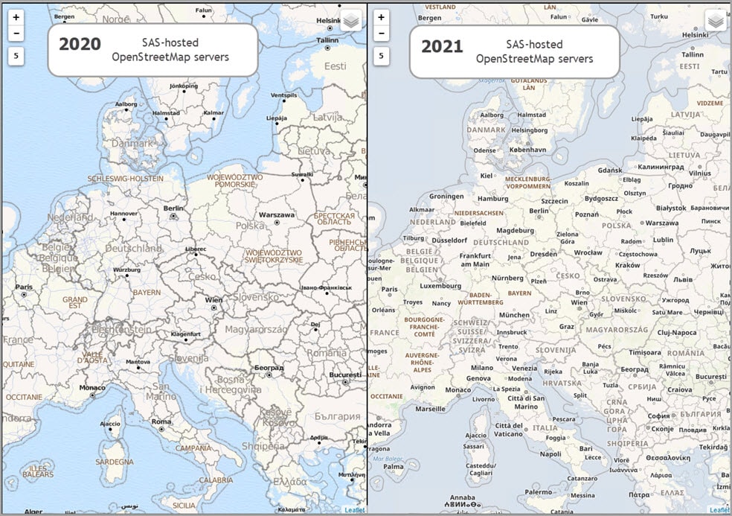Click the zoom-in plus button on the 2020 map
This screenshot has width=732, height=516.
pyautogui.click(x=16, y=17)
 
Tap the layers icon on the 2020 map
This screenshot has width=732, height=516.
pyautogui.click(x=351, y=21)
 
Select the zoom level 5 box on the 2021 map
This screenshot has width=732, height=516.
pyautogui.click(x=381, y=56)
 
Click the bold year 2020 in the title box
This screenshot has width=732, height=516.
pyautogui.click(x=80, y=45)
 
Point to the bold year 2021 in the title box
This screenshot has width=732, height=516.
pyautogui.click(x=442, y=46)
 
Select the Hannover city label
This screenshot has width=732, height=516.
pyautogui.click(x=123, y=214)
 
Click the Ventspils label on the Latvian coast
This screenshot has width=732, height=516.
pyautogui.click(x=283, y=96)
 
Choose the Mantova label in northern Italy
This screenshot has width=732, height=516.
pyautogui.click(x=137, y=362)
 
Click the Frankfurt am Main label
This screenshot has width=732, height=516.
pyautogui.click(x=475, y=259)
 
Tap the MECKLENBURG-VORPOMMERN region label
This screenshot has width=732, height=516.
pyautogui.click(x=527, y=183)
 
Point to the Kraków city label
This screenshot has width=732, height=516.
pyautogui.click(x=627, y=265)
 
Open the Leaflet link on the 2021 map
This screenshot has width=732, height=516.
pyautogui.click(x=719, y=510)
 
